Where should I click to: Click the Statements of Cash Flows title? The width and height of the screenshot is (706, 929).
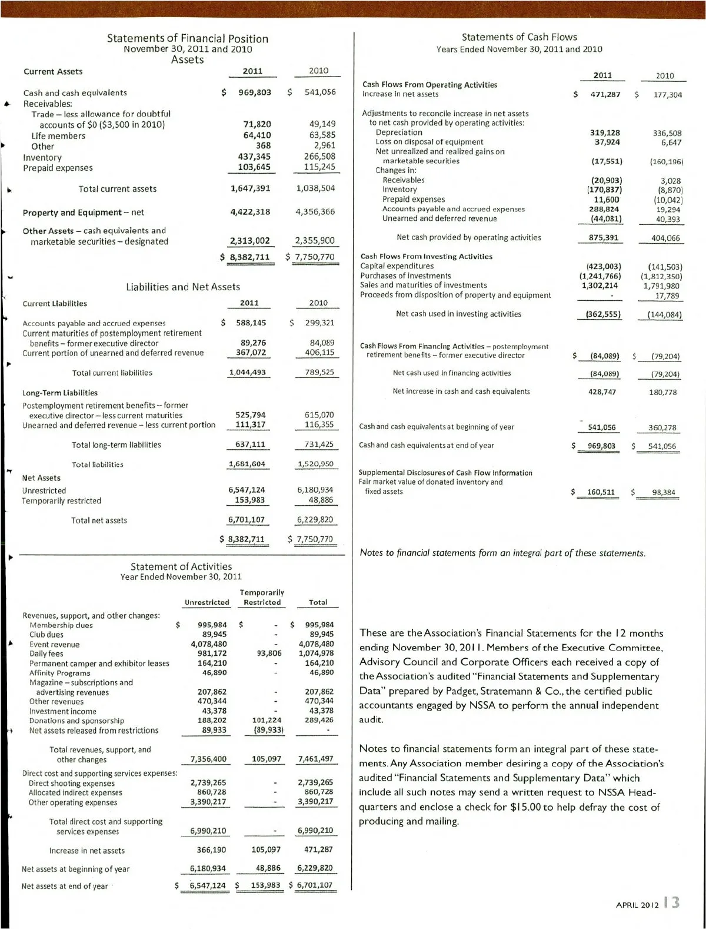[x=519, y=37]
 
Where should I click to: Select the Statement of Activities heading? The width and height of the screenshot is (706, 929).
[x=181, y=566]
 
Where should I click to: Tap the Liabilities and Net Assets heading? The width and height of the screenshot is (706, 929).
[x=183, y=287]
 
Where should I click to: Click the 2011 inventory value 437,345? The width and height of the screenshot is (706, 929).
[x=254, y=157]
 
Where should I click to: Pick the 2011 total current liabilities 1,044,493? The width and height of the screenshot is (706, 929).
[x=247, y=373]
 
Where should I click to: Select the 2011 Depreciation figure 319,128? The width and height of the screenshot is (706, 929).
[x=605, y=132]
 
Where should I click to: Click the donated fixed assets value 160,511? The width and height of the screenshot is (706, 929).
[x=600, y=492]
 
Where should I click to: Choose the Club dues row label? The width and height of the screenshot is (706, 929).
[x=46, y=635]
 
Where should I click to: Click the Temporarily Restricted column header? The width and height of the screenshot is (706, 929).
[x=262, y=598]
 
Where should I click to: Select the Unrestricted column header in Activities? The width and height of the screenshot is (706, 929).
[x=207, y=602]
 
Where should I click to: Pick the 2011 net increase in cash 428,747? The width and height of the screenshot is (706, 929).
[x=602, y=391]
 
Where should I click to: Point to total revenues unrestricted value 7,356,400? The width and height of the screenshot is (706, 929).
[x=208, y=759]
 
